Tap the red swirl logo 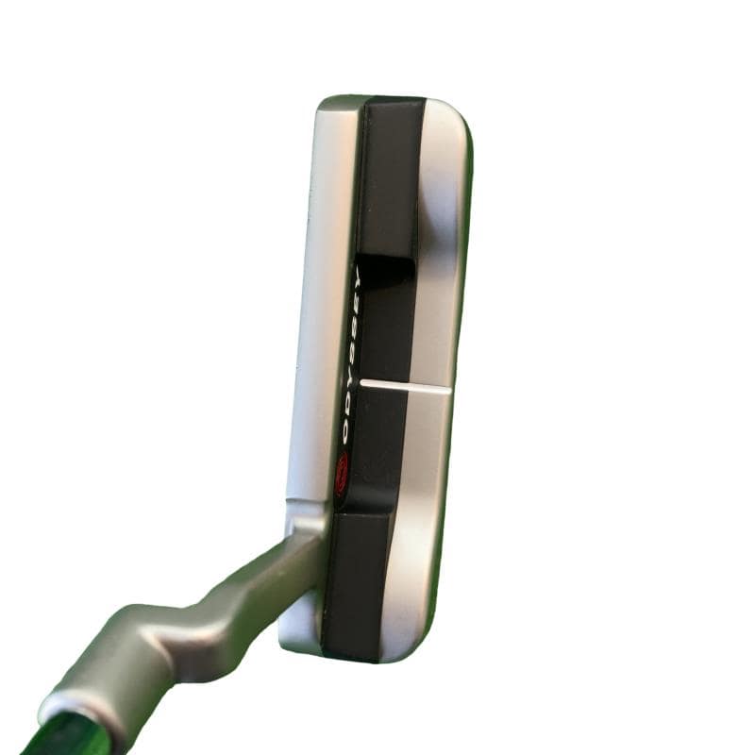tap(343, 477)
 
